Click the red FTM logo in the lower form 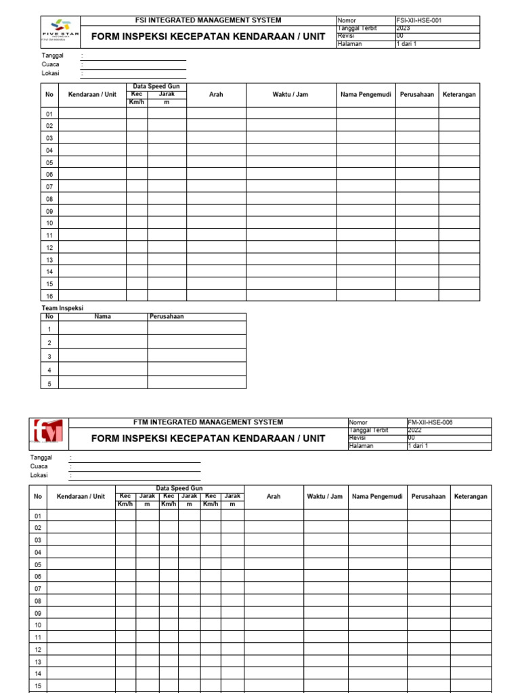49,433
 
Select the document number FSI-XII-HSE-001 420,21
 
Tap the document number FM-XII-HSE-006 430,422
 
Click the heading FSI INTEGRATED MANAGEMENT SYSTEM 209,20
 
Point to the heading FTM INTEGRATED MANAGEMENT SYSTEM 209,422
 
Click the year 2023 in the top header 404,28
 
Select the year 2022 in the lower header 414,430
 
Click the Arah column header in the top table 216,94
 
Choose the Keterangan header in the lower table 471,496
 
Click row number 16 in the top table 49,296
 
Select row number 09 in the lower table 38,613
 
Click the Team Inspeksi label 62,308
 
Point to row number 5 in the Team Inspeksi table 49,383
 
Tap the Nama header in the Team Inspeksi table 102,316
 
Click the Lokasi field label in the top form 51,73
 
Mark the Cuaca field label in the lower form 39,466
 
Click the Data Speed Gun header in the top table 156,87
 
